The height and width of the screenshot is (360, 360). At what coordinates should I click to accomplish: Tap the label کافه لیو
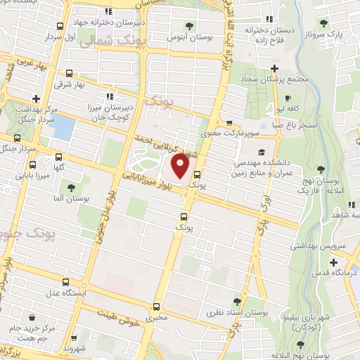pyautogui.click(x=288, y=110)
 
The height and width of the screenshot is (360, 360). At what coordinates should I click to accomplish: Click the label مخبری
pyautogui.click(x=157, y=318)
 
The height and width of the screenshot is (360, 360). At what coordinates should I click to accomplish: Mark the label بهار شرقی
pyautogui.click(x=89, y=84)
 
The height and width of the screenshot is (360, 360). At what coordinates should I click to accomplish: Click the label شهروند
pyautogui.click(x=73, y=349)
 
